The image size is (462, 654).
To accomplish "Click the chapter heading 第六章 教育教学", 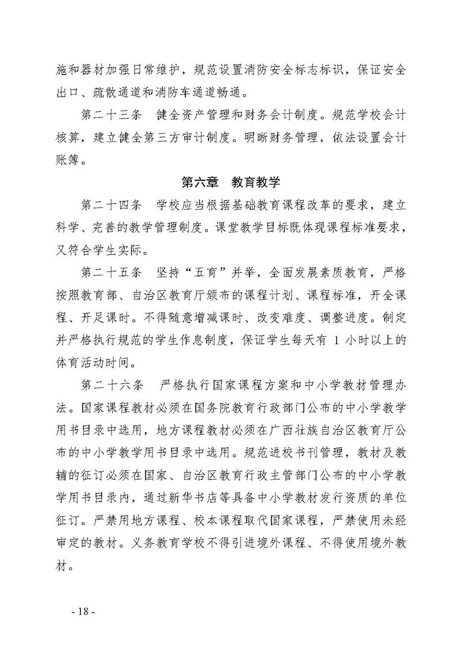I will point(231,183).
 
